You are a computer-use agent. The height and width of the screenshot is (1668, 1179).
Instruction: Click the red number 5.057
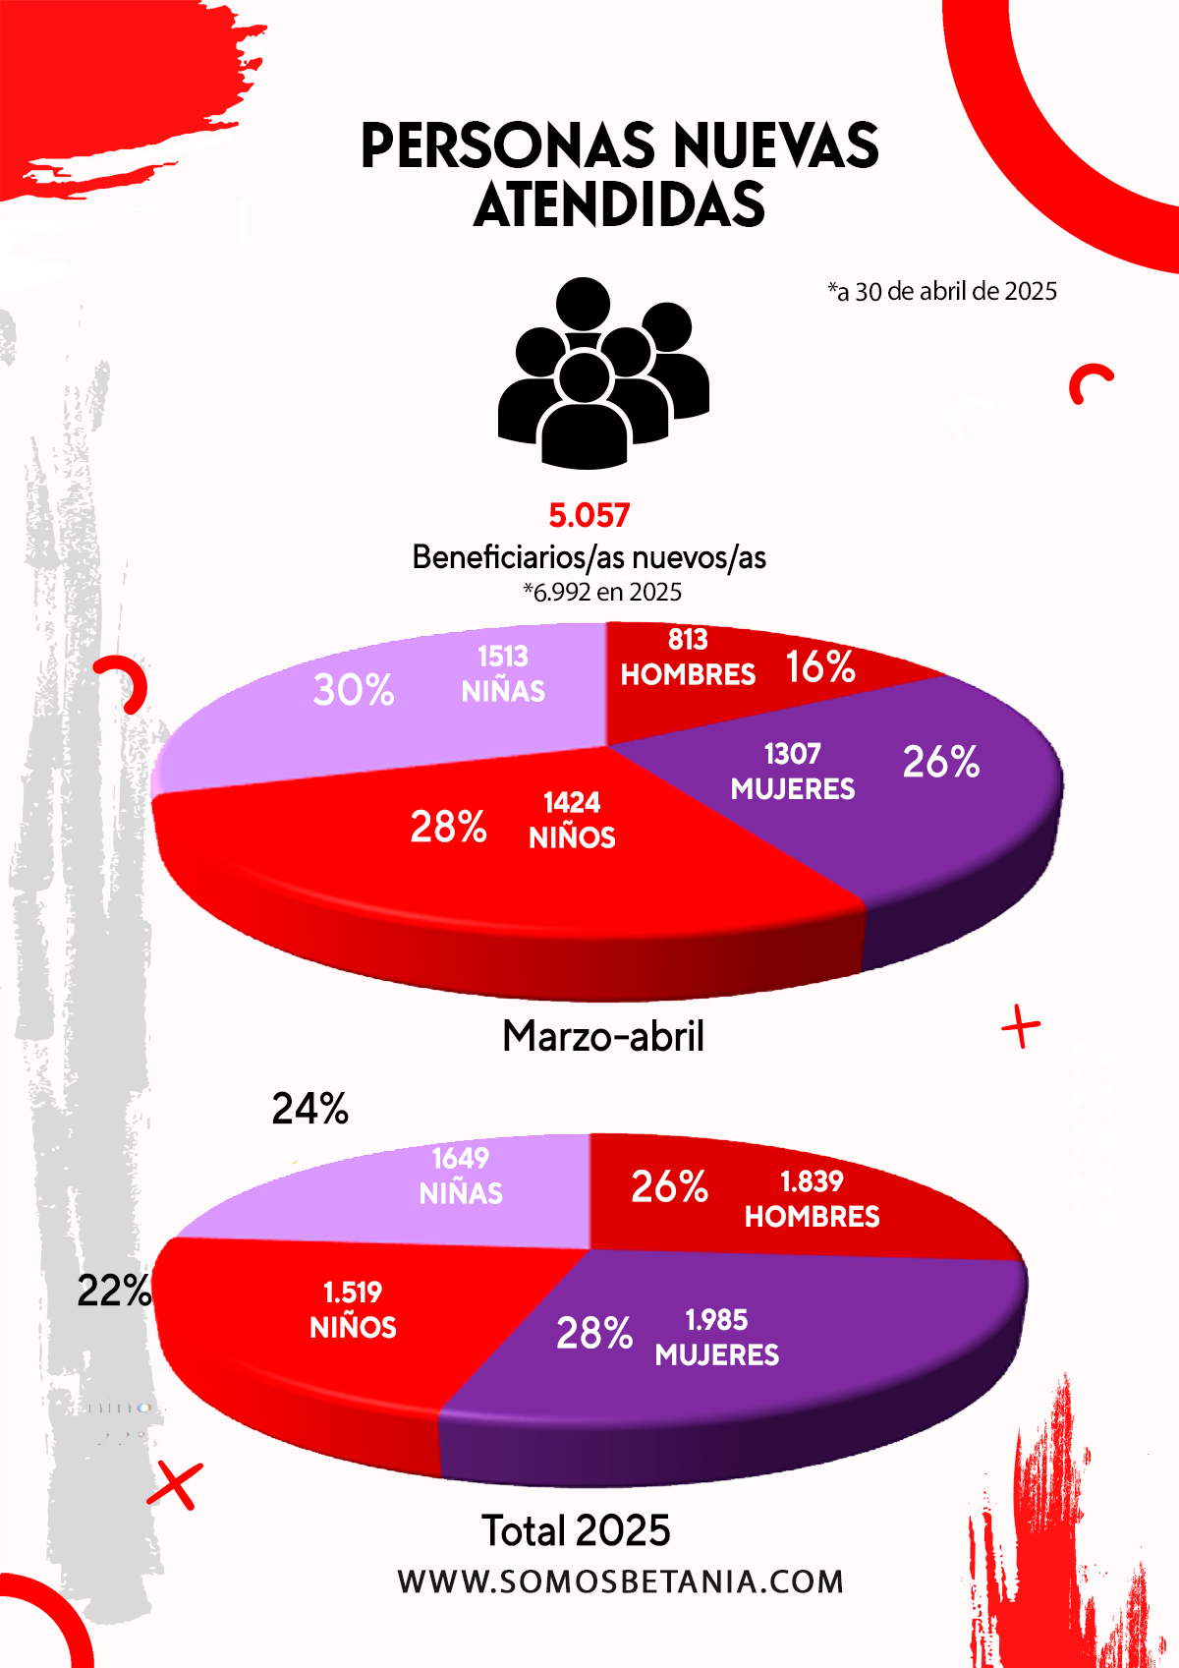pos(589,515)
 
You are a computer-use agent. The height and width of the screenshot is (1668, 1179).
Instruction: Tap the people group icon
pos(602,374)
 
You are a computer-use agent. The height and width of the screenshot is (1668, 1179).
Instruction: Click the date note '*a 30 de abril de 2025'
pos(942,292)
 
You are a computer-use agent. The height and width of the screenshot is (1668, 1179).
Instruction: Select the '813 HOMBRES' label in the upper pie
pos(688,658)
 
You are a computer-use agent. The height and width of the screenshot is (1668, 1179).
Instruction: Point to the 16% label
pos(820,667)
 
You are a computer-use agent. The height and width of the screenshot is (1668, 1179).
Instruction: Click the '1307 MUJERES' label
pos(793,772)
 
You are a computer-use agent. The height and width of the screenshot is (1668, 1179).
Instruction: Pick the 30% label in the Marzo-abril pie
pos(354,690)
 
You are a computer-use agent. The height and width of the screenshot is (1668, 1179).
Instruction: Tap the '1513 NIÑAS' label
pos(503,674)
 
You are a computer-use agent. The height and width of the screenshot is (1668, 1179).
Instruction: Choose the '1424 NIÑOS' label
pos(572,820)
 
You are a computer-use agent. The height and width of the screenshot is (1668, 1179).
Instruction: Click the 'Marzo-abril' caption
pos(603,1036)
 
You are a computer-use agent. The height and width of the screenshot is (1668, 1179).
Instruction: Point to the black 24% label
pos(310,1109)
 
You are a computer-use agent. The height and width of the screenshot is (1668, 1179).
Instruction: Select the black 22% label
pos(114,1291)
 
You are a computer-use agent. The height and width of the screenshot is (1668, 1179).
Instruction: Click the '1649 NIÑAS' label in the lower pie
pos(461,1176)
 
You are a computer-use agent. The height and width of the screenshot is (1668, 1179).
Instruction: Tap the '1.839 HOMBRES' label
pos(812,1199)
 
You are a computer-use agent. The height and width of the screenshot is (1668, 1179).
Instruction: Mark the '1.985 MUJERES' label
pos(717,1338)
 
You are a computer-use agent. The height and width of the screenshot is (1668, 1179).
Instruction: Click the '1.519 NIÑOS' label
pos(353,1310)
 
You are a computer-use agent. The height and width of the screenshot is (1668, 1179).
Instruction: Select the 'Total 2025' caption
pos(576,1530)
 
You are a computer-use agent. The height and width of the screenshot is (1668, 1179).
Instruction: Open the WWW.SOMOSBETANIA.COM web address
pos(621,1582)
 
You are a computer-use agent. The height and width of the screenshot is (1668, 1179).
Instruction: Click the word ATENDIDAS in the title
pos(619,204)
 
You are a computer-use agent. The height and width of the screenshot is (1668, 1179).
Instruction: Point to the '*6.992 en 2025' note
pos(602,592)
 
